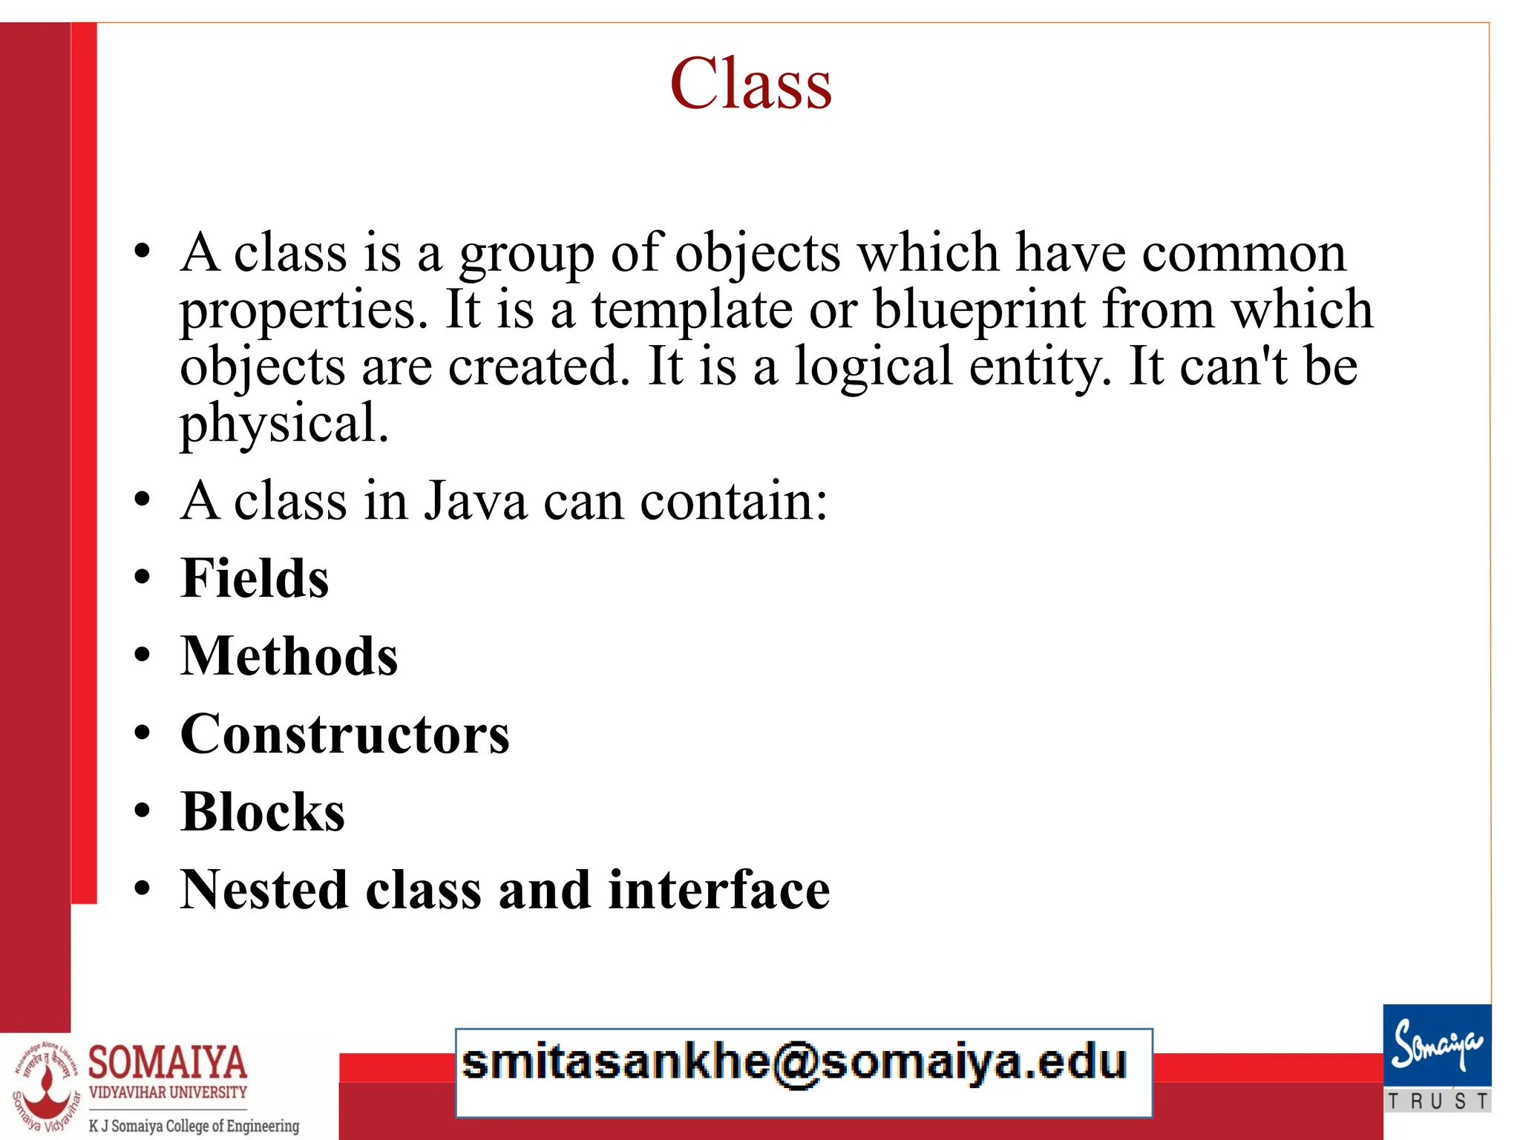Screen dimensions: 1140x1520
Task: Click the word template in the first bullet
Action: tap(692, 309)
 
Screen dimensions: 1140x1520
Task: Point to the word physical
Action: tap(284, 423)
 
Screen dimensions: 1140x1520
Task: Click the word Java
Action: tap(476, 501)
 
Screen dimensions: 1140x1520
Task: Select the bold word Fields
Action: tap(255, 578)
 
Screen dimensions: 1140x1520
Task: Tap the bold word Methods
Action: tap(289, 656)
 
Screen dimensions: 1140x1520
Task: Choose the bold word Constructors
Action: tap(345, 734)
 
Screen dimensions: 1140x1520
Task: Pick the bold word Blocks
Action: tap(263, 812)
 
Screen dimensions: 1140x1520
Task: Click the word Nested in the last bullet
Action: tap(264, 890)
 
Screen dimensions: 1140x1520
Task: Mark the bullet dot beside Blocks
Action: tap(142, 811)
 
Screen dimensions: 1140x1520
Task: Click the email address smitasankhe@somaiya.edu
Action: tap(795, 1063)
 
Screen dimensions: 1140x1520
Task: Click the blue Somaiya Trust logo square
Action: tap(1437, 1046)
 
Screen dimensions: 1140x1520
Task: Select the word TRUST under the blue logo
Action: tap(1438, 1101)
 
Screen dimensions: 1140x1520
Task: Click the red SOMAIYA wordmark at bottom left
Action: tap(168, 1063)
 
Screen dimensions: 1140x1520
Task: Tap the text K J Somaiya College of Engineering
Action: tap(194, 1126)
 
